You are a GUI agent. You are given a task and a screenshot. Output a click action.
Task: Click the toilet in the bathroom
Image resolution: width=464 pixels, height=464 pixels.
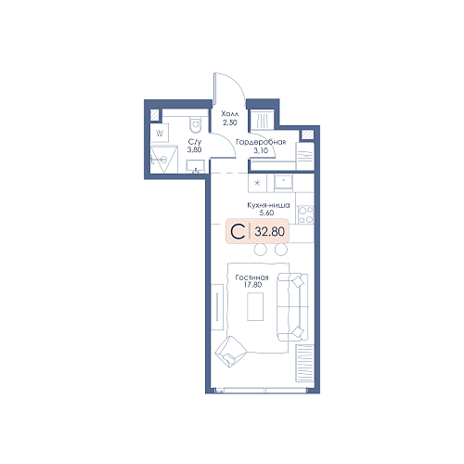[x=195, y=124]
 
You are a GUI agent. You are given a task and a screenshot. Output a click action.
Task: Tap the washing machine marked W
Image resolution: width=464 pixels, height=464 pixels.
[x=160, y=134]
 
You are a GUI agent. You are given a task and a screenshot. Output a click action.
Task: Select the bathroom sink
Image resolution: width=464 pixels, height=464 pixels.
[x=195, y=166]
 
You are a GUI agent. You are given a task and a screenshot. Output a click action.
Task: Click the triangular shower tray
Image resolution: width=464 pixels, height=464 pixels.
[x=164, y=160]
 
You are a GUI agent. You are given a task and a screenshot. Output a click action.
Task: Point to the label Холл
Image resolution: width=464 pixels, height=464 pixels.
[x=230, y=114]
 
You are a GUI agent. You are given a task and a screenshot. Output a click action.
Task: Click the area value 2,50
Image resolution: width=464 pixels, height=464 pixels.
[x=230, y=122]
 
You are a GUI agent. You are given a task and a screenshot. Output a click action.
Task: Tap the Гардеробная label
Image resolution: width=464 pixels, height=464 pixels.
[x=261, y=142]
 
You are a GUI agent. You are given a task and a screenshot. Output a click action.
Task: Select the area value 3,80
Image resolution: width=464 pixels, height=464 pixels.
[x=194, y=150]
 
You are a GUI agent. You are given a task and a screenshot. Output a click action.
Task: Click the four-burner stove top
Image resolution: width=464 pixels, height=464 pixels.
[x=305, y=214]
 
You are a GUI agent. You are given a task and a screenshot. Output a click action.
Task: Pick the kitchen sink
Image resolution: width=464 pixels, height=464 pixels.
[x=283, y=183]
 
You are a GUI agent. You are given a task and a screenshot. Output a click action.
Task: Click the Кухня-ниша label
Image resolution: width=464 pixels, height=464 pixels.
[x=268, y=205]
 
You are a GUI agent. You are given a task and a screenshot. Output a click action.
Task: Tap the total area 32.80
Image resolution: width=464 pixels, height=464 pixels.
[x=269, y=232]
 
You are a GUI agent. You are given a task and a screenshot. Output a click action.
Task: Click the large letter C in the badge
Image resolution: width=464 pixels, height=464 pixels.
[x=238, y=232]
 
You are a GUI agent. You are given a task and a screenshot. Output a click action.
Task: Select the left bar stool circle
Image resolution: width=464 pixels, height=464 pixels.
[x=261, y=250]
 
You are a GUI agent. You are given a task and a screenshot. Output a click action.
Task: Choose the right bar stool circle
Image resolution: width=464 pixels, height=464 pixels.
[x=281, y=250]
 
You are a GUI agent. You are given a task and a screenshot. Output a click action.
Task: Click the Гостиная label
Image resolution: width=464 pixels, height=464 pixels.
[x=251, y=277]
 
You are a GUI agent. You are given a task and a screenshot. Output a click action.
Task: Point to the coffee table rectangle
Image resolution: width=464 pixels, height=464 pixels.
[x=255, y=306]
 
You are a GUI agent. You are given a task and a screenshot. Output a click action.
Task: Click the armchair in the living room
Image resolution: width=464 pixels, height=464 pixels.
[x=230, y=352]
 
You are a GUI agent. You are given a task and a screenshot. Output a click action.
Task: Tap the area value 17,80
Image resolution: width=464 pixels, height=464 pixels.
[x=252, y=285]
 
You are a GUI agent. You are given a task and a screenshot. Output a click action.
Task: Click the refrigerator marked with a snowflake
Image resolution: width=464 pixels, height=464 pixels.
[x=257, y=183]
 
